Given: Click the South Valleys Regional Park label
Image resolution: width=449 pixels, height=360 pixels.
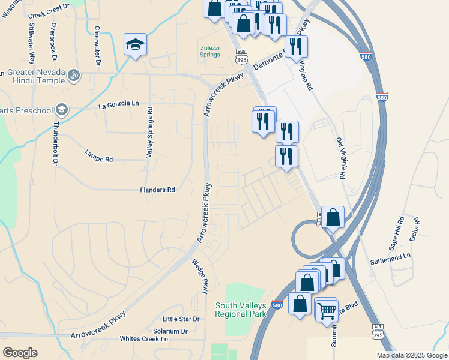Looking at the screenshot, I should [241, 310].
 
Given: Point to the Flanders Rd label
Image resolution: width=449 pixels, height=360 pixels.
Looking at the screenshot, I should [157, 190].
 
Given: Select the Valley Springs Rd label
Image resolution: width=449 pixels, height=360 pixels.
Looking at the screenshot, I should [150, 133].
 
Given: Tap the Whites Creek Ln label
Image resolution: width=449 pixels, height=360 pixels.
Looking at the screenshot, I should [144, 339].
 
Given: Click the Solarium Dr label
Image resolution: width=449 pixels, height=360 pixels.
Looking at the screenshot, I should [170, 331].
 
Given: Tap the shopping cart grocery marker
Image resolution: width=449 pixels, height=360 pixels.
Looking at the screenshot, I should [327, 310].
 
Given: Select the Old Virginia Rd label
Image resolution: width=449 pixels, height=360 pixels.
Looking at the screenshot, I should [342, 159].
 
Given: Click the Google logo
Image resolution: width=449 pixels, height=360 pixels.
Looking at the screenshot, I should [20, 352].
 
